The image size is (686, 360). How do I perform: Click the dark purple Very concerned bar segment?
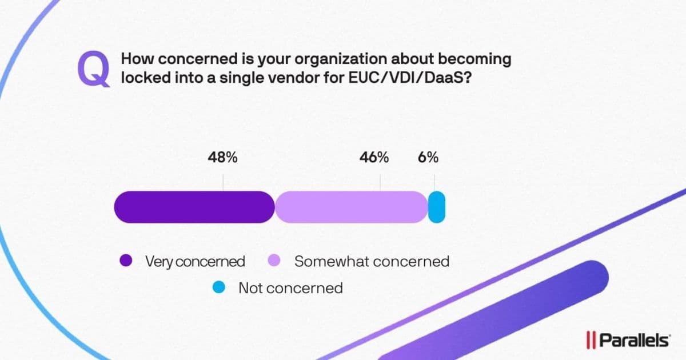coord(194,207)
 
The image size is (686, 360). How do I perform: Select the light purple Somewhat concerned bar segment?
coord(351,207)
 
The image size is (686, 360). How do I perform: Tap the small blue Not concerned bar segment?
coord(436,207)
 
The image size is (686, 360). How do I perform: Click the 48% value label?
coord(222,158)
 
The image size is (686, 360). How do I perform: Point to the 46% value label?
coord(374,158)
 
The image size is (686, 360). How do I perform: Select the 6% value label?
coord(428,158)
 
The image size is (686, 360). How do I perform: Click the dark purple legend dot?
coord(126,261)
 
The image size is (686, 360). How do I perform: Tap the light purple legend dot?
coord(273,261)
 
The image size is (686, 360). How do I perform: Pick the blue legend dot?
coord(220,287)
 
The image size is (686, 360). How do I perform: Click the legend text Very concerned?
coord(195,262)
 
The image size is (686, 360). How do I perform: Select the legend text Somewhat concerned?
coord(372,261)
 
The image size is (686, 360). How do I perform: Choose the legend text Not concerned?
coord(290,287)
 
